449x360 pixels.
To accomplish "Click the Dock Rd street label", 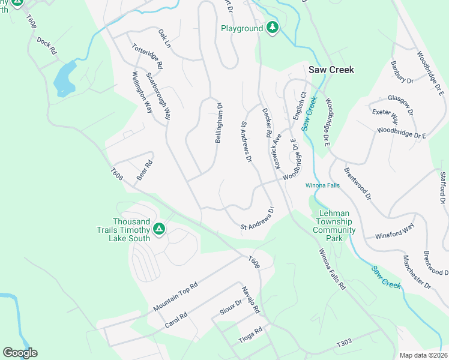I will click(46, 46).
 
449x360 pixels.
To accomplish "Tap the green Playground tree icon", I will click(273, 28).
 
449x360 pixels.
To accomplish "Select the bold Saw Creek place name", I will click(331, 70).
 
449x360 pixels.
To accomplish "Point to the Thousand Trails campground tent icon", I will click(159, 229).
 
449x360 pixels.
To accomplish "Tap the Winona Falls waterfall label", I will click(322, 185).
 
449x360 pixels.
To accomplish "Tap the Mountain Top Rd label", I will click(175, 296).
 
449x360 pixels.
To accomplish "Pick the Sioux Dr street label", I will click(230, 307).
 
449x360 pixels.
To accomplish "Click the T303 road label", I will click(344, 343).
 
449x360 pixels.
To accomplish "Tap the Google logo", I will click(20, 353).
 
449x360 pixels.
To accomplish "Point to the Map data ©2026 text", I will click(423, 355).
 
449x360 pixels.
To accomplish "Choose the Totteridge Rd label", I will click(148, 55).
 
